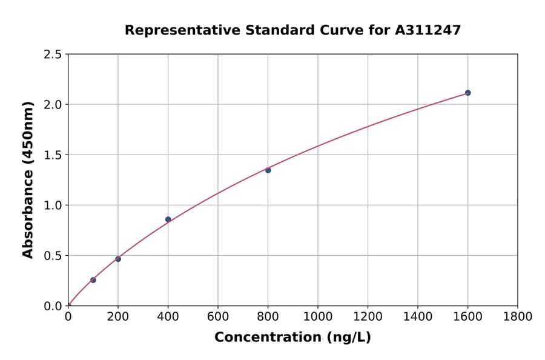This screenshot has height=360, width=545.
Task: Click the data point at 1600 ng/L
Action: coord(467,93)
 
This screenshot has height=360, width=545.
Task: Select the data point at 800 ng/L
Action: coord(268,170)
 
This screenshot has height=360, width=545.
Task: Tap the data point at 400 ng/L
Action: coord(168,219)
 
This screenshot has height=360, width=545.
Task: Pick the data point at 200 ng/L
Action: coord(118,259)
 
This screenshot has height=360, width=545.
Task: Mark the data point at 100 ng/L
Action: coord(93,280)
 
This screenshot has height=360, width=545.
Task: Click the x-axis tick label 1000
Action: coord(317,316)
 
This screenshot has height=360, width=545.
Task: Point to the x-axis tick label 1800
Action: coord(517,316)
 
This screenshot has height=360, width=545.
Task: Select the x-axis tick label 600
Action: coord(218,316)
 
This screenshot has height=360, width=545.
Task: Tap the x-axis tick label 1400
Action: coord(417,316)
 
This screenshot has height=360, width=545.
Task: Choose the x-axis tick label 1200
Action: coord(368,316)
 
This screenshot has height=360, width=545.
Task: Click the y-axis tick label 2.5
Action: coord(53,55)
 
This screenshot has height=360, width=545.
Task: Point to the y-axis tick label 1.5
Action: coord(53,155)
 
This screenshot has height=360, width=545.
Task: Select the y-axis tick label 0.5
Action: coord(53,256)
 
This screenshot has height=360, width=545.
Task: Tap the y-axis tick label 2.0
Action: coord(53,105)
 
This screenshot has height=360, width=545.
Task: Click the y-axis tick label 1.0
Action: coord(53,205)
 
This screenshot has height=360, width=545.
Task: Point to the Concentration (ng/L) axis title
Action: coord(292,337)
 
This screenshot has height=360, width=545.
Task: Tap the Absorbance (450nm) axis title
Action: coord(28,179)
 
